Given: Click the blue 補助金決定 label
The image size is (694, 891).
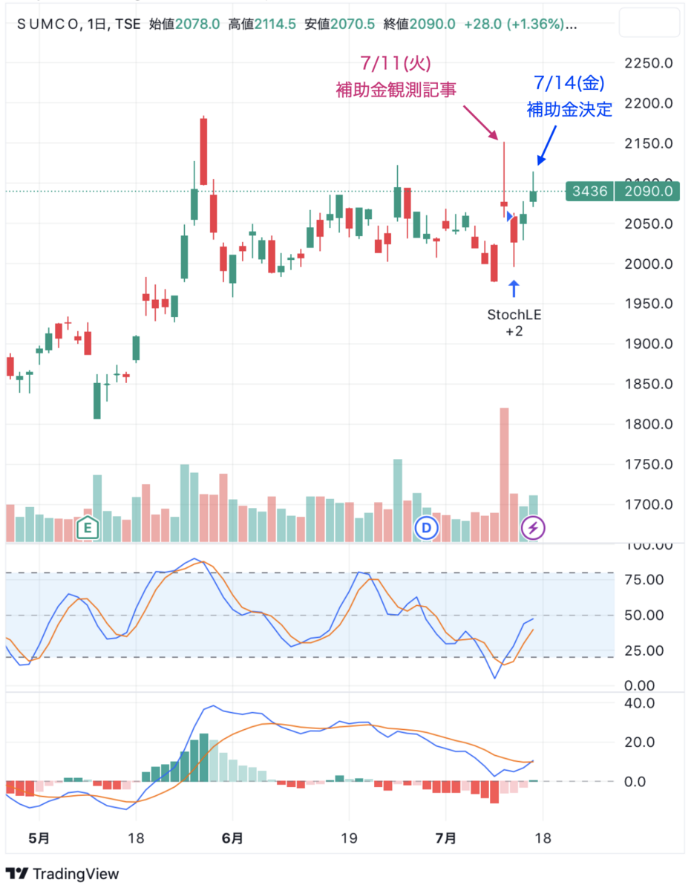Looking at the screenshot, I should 569,110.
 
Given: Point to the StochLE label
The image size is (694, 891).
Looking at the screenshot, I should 514,314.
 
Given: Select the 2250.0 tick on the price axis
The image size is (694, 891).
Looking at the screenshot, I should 648,63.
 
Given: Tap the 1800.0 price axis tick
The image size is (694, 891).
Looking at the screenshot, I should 648,425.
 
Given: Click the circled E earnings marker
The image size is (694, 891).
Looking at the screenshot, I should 88,528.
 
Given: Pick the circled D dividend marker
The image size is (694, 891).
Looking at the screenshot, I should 427,528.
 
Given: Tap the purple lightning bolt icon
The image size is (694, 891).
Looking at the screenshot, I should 532,528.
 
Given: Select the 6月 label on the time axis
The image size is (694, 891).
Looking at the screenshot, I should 232,838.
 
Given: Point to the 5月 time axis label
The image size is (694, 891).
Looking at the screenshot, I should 39,838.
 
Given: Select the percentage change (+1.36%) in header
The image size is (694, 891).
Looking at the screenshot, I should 537,25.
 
